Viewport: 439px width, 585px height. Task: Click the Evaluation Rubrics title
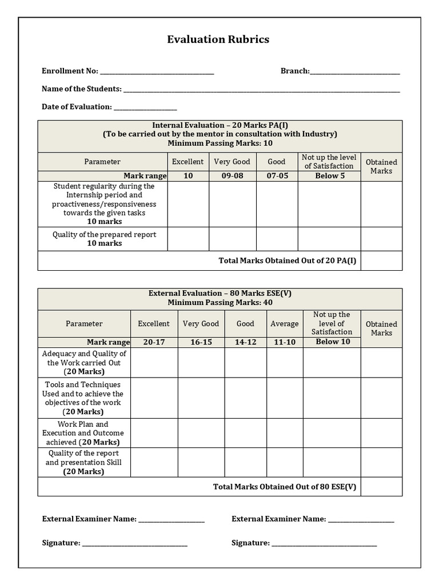[218, 39]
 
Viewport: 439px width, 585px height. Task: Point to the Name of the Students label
[81, 89]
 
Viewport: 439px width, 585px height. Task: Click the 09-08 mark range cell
[232, 176]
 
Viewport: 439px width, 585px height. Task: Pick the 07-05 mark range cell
[277, 176]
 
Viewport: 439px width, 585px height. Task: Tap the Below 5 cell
[329, 176]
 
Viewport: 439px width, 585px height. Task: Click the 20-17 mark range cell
[154, 342]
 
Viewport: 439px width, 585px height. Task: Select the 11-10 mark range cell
[284, 342]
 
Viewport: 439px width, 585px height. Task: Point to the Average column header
[284, 323]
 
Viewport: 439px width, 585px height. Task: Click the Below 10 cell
[332, 342]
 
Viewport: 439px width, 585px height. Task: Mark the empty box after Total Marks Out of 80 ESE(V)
[381, 487]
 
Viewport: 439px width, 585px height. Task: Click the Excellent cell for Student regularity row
[188, 204]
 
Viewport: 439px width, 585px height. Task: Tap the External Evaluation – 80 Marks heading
[220, 293]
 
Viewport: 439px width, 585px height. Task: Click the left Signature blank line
[135, 544]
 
